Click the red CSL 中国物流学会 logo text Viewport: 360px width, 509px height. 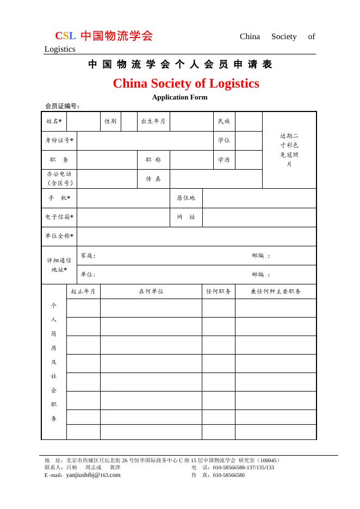coord(104,36)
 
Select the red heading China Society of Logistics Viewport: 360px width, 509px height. coord(185,84)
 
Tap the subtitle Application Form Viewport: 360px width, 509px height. coord(179,97)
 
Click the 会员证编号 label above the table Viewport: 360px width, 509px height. coord(63,106)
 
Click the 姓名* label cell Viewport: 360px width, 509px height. coord(54,121)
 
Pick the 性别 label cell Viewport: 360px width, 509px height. coord(110,121)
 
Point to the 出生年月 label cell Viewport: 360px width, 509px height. coord(153,121)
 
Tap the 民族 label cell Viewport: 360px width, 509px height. coord(224,121)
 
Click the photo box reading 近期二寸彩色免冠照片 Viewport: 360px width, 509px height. coord(289,150)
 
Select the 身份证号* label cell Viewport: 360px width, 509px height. coord(59,140)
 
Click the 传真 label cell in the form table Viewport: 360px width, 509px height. coord(153,179)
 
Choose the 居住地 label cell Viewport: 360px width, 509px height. coord(185,198)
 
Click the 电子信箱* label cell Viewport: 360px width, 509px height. coord(59,217)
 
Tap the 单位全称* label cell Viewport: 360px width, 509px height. coord(59,236)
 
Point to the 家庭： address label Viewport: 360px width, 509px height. coord(88,256)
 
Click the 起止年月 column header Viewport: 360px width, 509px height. coord(83,291)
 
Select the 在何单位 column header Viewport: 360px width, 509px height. coord(151,291)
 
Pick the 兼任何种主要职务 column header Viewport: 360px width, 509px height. coord(275,291)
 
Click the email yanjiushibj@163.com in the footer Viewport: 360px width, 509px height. coord(93,475)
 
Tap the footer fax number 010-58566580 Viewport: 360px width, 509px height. coord(228,475)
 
